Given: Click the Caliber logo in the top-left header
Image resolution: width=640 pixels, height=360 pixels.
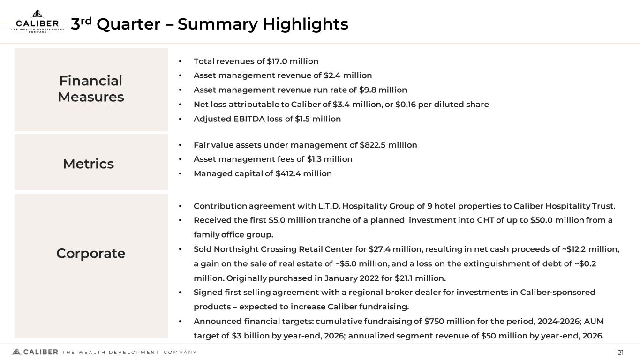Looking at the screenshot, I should (x=38, y=22).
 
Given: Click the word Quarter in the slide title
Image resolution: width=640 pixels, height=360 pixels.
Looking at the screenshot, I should (x=128, y=24).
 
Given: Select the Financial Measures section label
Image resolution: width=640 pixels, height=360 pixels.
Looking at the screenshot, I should (x=91, y=89).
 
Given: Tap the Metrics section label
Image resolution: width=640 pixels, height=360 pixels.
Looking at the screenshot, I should (x=89, y=164).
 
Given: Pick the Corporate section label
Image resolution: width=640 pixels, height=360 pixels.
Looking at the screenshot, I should (x=91, y=253).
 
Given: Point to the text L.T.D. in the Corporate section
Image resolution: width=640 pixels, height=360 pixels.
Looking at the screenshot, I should (x=328, y=206).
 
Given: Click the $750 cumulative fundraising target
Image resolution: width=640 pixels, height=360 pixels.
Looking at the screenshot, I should (x=434, y=321).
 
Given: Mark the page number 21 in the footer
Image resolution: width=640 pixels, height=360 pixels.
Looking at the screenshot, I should (x=621, y=352).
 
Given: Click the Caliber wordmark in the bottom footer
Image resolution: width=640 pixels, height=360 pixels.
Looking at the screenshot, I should (x=40, y=352).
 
